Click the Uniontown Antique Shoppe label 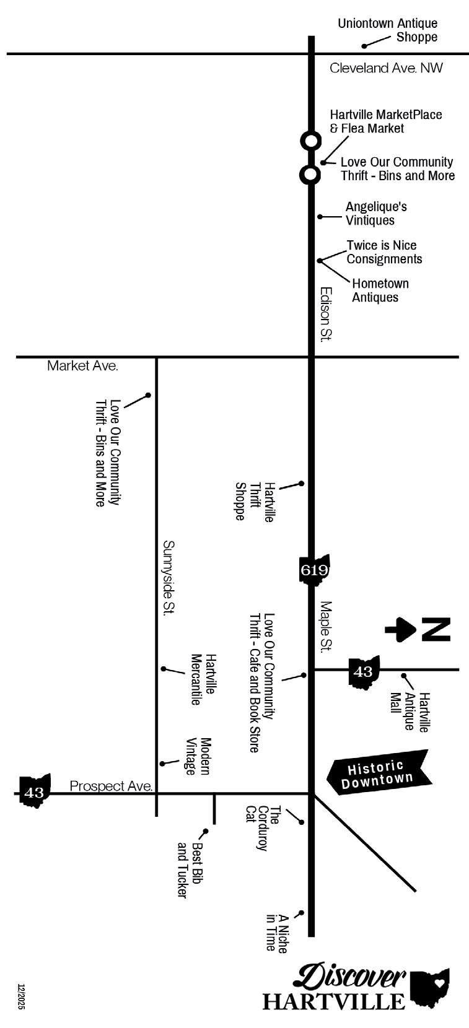coord(387,30)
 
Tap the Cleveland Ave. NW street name coord(386,68)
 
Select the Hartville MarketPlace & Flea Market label coord(385,121)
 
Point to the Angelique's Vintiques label coord(376,214)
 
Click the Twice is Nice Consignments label coord(384,252)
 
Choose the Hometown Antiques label coord(380,290)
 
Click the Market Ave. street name coord(82,366)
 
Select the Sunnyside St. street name coord(168,577)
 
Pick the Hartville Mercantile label coord(203,679)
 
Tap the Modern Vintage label coord(198,756)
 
